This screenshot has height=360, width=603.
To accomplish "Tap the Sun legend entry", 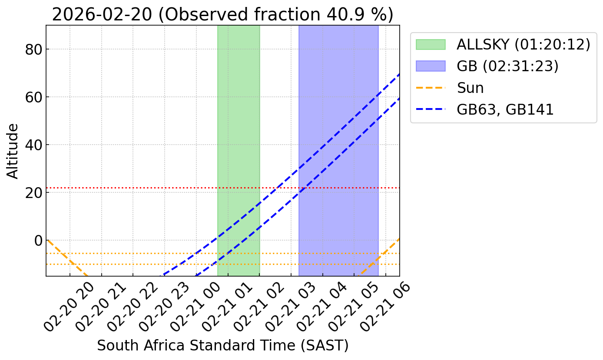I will [x=470, y=88].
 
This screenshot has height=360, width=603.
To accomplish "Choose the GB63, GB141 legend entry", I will [x=505, y=109].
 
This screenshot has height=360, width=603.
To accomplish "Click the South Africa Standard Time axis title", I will [x=222, y=345].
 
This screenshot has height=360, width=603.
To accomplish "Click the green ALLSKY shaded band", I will [x=239, y=130].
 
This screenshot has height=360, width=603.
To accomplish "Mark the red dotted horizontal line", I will [x=130, y=188].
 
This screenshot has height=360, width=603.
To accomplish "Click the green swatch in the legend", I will [x=431, y=44].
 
